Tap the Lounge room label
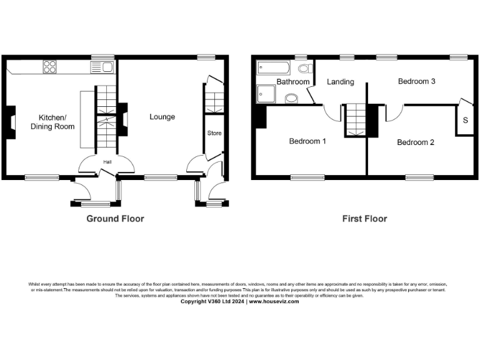(x=162, y=117)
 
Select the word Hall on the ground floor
(x=107, y=162)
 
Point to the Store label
(x=214, y=133)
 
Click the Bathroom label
(x=293, y=82)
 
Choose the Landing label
(x=341, y=82)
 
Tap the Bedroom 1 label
(x=307, y=141)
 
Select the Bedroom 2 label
(x=416, y=142)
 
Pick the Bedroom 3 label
(x=417, y=81)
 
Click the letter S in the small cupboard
(x=465, y=120)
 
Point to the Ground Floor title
(x=115, y=219)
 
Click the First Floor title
(x=364, y=219)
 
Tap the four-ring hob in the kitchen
(x=51, y=66)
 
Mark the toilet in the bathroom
(x=304, y=68)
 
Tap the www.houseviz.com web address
(x=273, y=301)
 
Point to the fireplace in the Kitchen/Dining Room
(x=11, y=122)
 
